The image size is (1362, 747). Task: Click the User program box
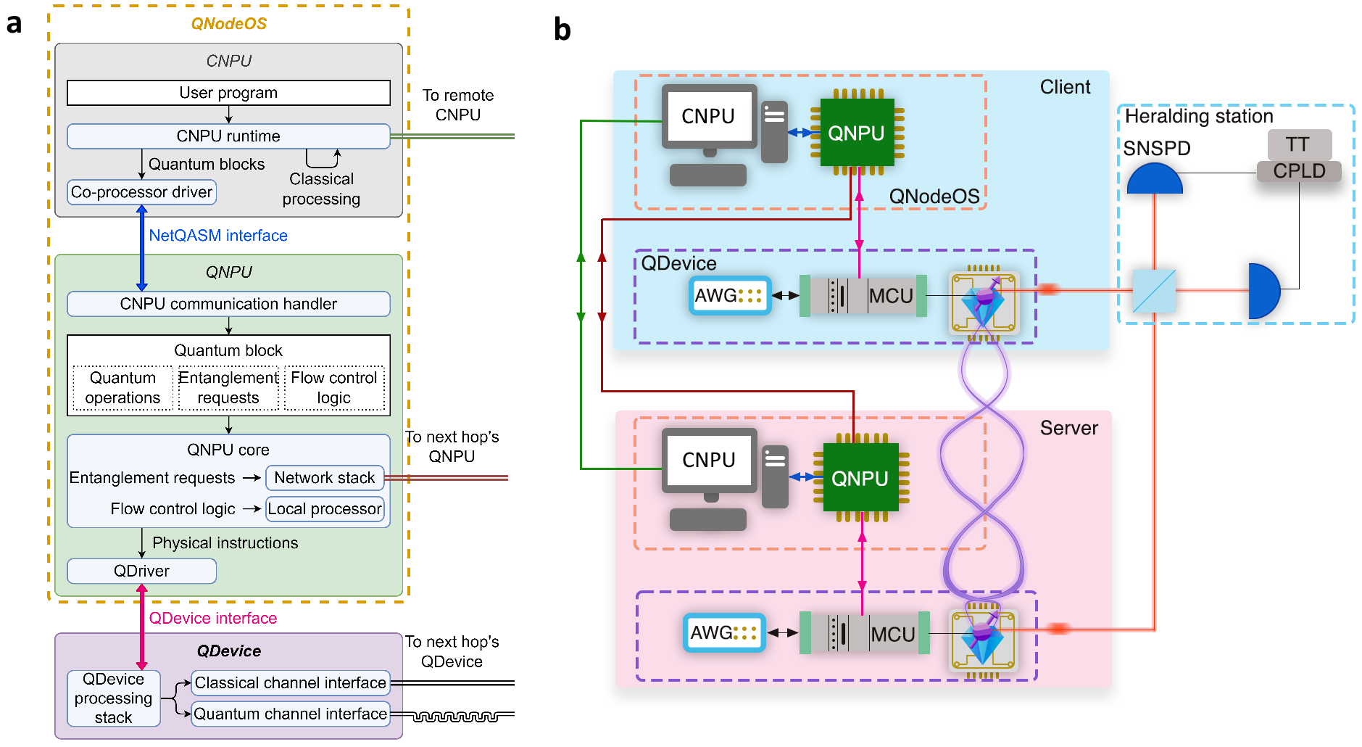(x=228, y=93)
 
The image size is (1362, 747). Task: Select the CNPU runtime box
(x=228, y=136)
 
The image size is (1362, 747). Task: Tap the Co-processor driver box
(x=142, y=192)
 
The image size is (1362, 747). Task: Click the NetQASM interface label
(x=218, y=236)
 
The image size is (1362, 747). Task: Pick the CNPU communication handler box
(x=228, y=304)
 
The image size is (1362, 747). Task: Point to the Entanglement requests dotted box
(x=228, y=388)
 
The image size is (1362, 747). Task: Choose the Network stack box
(x=325, y=478)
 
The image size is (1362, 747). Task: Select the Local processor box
(x=325, y=509)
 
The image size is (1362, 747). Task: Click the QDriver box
(x=142, y=571)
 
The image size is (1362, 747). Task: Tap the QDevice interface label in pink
(x=213, y=619)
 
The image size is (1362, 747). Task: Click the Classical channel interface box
(x=291, y=683)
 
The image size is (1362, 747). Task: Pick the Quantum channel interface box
(x=291, y=714)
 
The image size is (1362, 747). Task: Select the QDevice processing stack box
(x=114, y=698)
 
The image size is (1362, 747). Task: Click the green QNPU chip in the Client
(x=857, y=133)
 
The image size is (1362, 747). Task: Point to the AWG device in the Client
(x=729, y=295)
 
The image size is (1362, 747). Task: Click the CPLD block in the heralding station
(x=1299, y=172)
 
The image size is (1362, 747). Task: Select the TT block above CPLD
(x=1299, y=144)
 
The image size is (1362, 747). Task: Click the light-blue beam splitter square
(x=1154, y=291)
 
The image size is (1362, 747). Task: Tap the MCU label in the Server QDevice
(x=893, y=635)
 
